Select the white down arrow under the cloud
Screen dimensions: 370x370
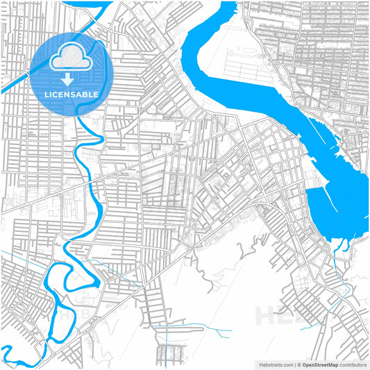67,78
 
